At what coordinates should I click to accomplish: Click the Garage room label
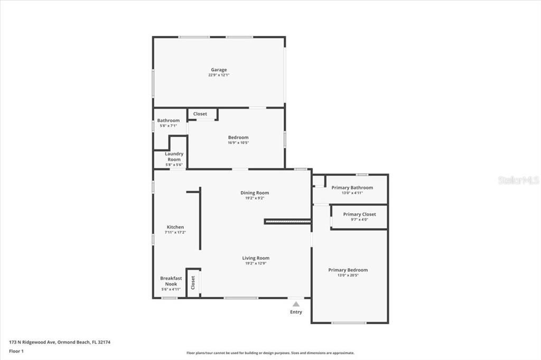click(x=219, y=70)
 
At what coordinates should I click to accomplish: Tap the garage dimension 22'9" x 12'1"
click(x=219, y=75)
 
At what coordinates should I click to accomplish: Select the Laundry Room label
click(x=174, y=157)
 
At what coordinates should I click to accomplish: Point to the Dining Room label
click(x=255, y=193)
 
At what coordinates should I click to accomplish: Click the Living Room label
click(x=256, y=258)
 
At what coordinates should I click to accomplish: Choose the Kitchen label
click(x=175, y=227)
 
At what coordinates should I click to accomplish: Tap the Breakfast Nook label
click(x=171, y=281)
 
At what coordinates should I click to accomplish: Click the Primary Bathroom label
click(x=352, y=187)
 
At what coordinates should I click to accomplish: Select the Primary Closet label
click(x=359, y=214)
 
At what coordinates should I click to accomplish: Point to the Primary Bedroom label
click(x=348, y=270)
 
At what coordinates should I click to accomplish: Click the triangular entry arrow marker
click(x=296, y=304)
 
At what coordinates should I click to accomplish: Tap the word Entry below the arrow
click(x=296, y=312)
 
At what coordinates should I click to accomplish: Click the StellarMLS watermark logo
click(x=518, y=180)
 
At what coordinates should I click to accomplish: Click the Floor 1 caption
click(x=16, y=351)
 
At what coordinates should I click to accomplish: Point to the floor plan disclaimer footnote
click(x=270, y=353)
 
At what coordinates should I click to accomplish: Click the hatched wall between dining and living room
click(x=287, y=221)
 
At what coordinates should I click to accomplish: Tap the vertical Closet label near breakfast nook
click(x=193, y=283)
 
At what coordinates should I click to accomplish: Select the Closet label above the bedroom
click(x=200, y=114)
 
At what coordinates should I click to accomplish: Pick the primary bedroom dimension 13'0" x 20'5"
click(x=348, y=276)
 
